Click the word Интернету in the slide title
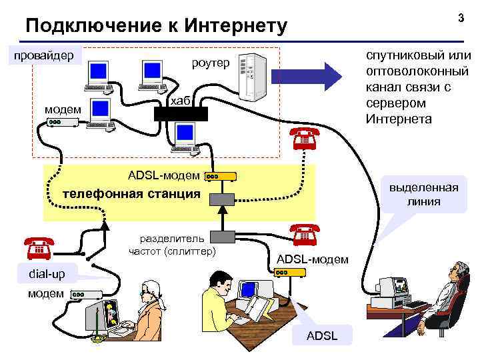pos(235,26)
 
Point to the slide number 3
pos(460,18)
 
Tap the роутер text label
pos(210,63)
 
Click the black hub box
pos(181,113)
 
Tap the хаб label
pos(181,101)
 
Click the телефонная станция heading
pos(131,194)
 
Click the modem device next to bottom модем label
pos(85,294)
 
